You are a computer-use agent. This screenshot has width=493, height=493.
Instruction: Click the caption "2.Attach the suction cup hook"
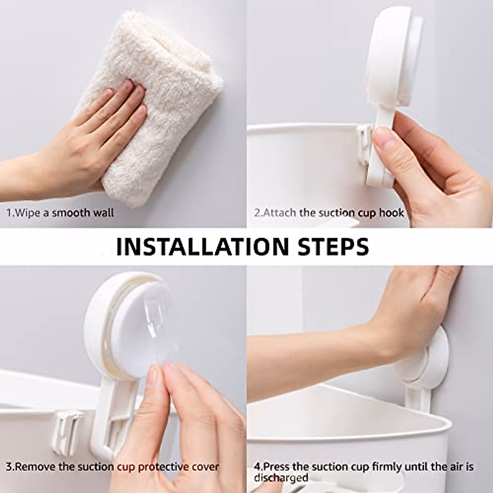329,213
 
